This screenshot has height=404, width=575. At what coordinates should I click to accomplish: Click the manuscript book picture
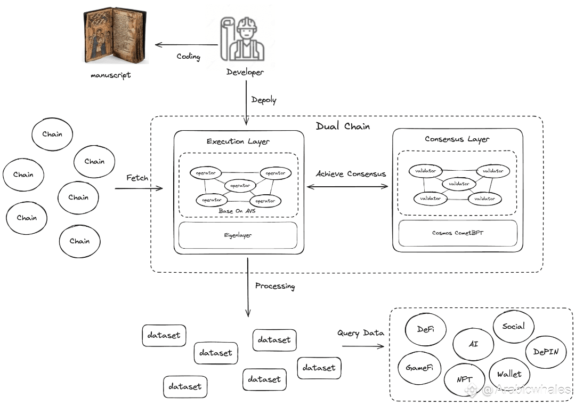pyautogui.click(x=115, y=36)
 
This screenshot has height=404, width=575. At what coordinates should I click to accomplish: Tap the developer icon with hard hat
pyautogui.click(x=242, y=39)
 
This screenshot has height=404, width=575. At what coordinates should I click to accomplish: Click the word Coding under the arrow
pyautogui.click(x=189, y=57)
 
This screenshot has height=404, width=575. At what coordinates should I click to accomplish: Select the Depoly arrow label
pyautogui.click(x=264, y=99)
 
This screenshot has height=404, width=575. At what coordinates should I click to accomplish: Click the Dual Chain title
pyautogui.click(x=343, y=126)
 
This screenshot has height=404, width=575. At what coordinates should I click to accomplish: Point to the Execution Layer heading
pyautogui.click(x=238, y=141)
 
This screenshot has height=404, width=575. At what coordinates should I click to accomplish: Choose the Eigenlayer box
pyautogui.click(x=238, y=235)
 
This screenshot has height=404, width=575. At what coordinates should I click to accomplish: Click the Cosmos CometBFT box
pyautogui.click(x=458, y=233)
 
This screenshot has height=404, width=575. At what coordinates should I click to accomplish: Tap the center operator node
pyautogui.click(x=240, y=186)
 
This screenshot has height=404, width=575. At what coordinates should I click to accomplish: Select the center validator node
pyautogui.click(x=459, y=184)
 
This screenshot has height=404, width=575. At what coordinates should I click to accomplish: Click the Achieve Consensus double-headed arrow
pyautogui.click(x=347, y=187)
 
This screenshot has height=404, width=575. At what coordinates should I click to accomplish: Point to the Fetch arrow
pyautogui.click(x=139, y=188)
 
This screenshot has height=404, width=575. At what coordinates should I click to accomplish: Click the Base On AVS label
pyautogui.click(x=237, y=211)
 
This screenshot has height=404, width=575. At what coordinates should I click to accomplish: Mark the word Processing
pyautogui.click(x=275, y=286)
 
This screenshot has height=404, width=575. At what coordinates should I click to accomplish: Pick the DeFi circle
pyautogui.click(x=426, y=329)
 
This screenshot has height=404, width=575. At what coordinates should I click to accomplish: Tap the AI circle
pyautogui.click(x=473, y=344)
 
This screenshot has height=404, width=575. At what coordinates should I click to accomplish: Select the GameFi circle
pyautogui.click(x=419, y=368)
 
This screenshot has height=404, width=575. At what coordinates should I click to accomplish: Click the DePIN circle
pyautogui.click(x=546, y=352)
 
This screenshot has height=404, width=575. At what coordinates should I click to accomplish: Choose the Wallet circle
pyautogui.click(x=509, y=374)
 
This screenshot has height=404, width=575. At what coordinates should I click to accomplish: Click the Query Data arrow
pyautogui.click(x=363, y=346)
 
